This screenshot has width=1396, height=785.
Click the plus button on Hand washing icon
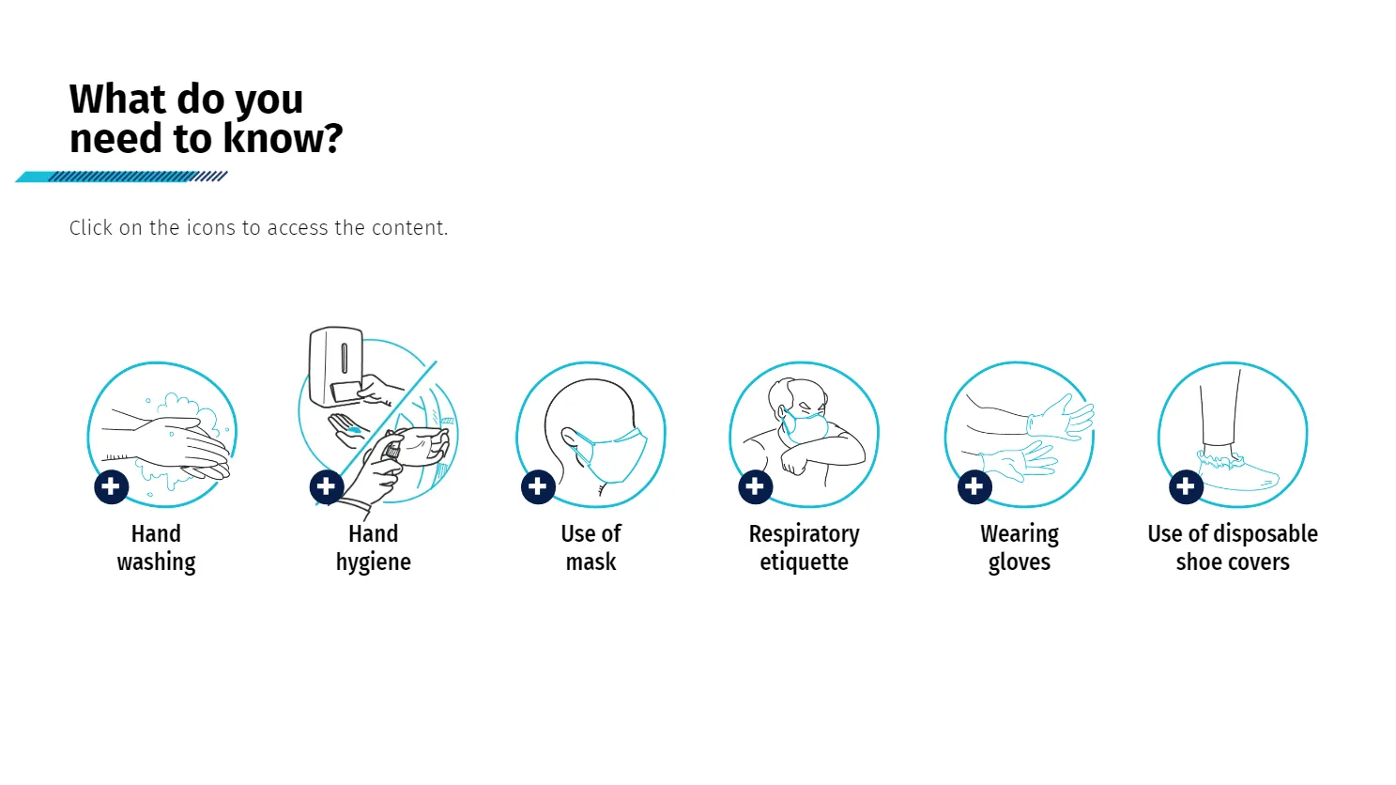[x=112, y=487]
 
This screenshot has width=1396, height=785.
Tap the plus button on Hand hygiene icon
[x=327, y=487]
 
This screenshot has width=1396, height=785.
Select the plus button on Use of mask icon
[x=539, y=487]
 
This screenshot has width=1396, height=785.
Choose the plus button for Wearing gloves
[x=974, y=487]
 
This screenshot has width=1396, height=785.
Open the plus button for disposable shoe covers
[x=1186, y=487]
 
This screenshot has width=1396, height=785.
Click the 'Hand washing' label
[x=157, y=548]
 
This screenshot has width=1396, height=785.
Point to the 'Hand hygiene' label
[x=374, y=548]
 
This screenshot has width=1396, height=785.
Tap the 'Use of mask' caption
[x=591, y=548]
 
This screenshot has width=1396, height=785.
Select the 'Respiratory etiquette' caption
[x=804, y=548]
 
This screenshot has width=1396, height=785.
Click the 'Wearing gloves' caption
[x=1020, y=548]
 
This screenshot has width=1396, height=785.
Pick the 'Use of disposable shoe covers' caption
[x=1233, y=548]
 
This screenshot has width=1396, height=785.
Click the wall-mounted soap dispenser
[x=336, y=366]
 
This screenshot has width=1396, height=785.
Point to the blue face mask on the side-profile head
[x=614, y=454]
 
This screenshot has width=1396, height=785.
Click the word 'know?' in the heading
[x=283, y=138]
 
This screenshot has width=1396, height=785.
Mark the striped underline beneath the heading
[x=121, y=177]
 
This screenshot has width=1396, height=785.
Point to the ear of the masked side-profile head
[x=572, y=438]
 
